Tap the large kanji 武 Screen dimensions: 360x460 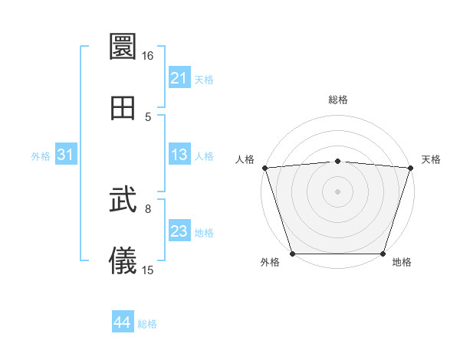(x=123, y=201)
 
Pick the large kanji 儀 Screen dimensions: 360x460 (x=123, y=261)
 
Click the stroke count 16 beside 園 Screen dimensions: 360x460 (x=148, y=56)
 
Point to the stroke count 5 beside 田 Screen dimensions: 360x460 (x=148, y=116)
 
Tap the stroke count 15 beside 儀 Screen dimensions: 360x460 (x=148, y=270)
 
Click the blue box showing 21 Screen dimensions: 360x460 (x=179, y=78)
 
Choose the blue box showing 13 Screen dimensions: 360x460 (x=179, y=155)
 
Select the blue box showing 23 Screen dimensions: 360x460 (x=179, y=231)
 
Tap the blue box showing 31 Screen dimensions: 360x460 (x=66, y=155)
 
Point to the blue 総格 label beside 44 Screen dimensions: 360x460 (x=147, y=324)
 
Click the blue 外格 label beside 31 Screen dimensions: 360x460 (x=41, y=156)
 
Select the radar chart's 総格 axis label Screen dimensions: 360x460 (x=337, y=100)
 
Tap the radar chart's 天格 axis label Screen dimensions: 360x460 (x=431, y=159)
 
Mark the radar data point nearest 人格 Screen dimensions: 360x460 (x=264, y=168)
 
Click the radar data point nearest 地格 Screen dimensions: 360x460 (x=383, y=254)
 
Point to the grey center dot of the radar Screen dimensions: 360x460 (x=337, y=191)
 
